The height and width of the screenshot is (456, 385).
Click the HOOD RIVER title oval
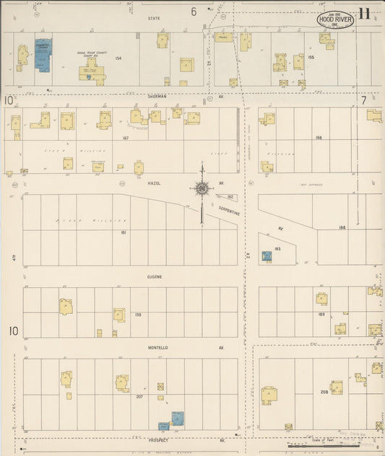(x=335, y=19)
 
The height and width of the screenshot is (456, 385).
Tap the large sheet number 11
(x=365, y=13)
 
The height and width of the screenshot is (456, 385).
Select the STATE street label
(x=153, y=17)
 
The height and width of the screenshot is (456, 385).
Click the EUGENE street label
(x=155, y=276)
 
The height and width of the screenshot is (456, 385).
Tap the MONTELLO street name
(x=158, y=348)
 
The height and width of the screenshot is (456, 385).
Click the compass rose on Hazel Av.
(x=202, y=190)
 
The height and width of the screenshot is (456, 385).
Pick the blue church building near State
(x=44, y=55)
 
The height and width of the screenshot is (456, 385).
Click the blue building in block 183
(x=267, y=256)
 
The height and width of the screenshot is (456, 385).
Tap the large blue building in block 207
(x=176, y=418)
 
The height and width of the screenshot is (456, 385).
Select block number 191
(x=124, y=232)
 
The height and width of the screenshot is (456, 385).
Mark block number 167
(x=126, y=137)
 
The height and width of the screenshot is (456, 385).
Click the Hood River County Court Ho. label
(x=91, y=53)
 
